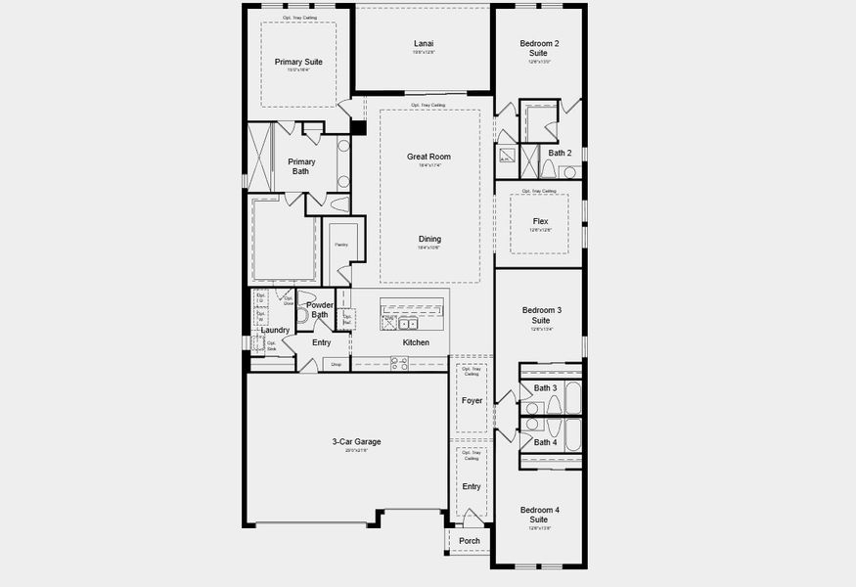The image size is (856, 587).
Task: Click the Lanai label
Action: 424,43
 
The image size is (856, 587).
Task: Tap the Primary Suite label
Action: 298,62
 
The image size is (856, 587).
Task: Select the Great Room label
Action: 428,157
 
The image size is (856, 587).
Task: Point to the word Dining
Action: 429,239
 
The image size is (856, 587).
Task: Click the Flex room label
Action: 540,221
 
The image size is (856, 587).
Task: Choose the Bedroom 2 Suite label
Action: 540,48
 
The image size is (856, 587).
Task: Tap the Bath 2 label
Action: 560,153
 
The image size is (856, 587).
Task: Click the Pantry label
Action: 341,245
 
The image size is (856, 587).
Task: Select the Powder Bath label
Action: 320,310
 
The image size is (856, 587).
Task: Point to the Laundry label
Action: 275,330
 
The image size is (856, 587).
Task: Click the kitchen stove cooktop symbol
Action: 399,362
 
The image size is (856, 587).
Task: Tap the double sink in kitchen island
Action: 409,322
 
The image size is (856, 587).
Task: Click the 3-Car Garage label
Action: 356,441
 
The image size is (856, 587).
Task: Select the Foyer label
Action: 472,400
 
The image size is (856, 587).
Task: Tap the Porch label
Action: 470,540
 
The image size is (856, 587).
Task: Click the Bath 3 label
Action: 545,388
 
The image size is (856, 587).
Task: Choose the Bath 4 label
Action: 545,442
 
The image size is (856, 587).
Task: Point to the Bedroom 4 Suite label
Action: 540,515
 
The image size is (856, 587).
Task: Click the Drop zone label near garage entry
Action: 336,364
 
